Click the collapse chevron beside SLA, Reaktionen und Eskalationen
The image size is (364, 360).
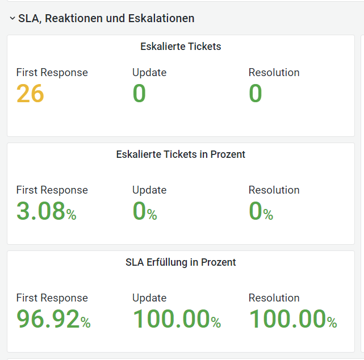(12, 18)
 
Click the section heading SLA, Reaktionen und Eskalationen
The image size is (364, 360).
(106, 18)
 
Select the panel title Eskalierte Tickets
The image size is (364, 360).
(181, 47)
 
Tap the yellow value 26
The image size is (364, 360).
(30, 94)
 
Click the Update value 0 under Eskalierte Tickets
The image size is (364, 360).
(139, 94)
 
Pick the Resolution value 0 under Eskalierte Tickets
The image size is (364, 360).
(256, 94)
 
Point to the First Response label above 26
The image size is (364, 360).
(52, 73)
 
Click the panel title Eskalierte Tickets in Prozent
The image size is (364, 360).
(181, 154)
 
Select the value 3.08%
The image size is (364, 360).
(46, 211)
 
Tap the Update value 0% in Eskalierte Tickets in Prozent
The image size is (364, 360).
(144, 211)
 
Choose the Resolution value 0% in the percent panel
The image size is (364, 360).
(261, 211)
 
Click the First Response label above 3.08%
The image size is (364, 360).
(52, 190)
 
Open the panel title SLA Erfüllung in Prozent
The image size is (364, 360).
(181, 262)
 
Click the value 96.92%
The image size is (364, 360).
(53, 319)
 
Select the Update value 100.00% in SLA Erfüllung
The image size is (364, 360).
(177, 319)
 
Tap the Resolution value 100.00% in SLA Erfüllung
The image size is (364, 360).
(293, 319)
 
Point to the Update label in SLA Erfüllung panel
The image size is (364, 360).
(149, 298)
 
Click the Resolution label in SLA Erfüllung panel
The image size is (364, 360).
(274, 298)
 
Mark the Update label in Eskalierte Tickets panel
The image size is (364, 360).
(149, 73)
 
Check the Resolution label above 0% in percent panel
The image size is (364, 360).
(274, 190)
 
